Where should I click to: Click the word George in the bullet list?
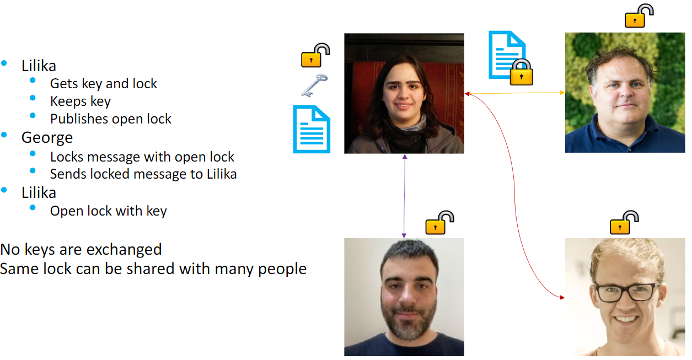[47, 137]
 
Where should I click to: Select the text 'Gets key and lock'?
[103, 84]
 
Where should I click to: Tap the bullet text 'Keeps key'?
[80, 101]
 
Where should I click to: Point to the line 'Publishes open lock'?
[110, 119]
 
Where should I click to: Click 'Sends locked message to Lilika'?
[143, 174]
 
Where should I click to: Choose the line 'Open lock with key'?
[108, 211]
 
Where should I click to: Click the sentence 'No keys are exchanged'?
[81, 249]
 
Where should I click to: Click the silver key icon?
[314, 85]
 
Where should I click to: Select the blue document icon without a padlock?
[312, 129]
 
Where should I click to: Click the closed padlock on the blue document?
[521, 72]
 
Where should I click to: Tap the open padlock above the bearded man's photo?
[439, 223]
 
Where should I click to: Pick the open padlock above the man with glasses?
[624, 222]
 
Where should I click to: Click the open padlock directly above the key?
[315, 56]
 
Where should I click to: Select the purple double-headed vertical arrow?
[404, 196]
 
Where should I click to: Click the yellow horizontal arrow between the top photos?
[514, 93]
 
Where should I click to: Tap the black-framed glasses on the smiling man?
[625, 292]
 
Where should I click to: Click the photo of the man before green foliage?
[625, 93]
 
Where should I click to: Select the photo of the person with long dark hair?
[404, 93]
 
